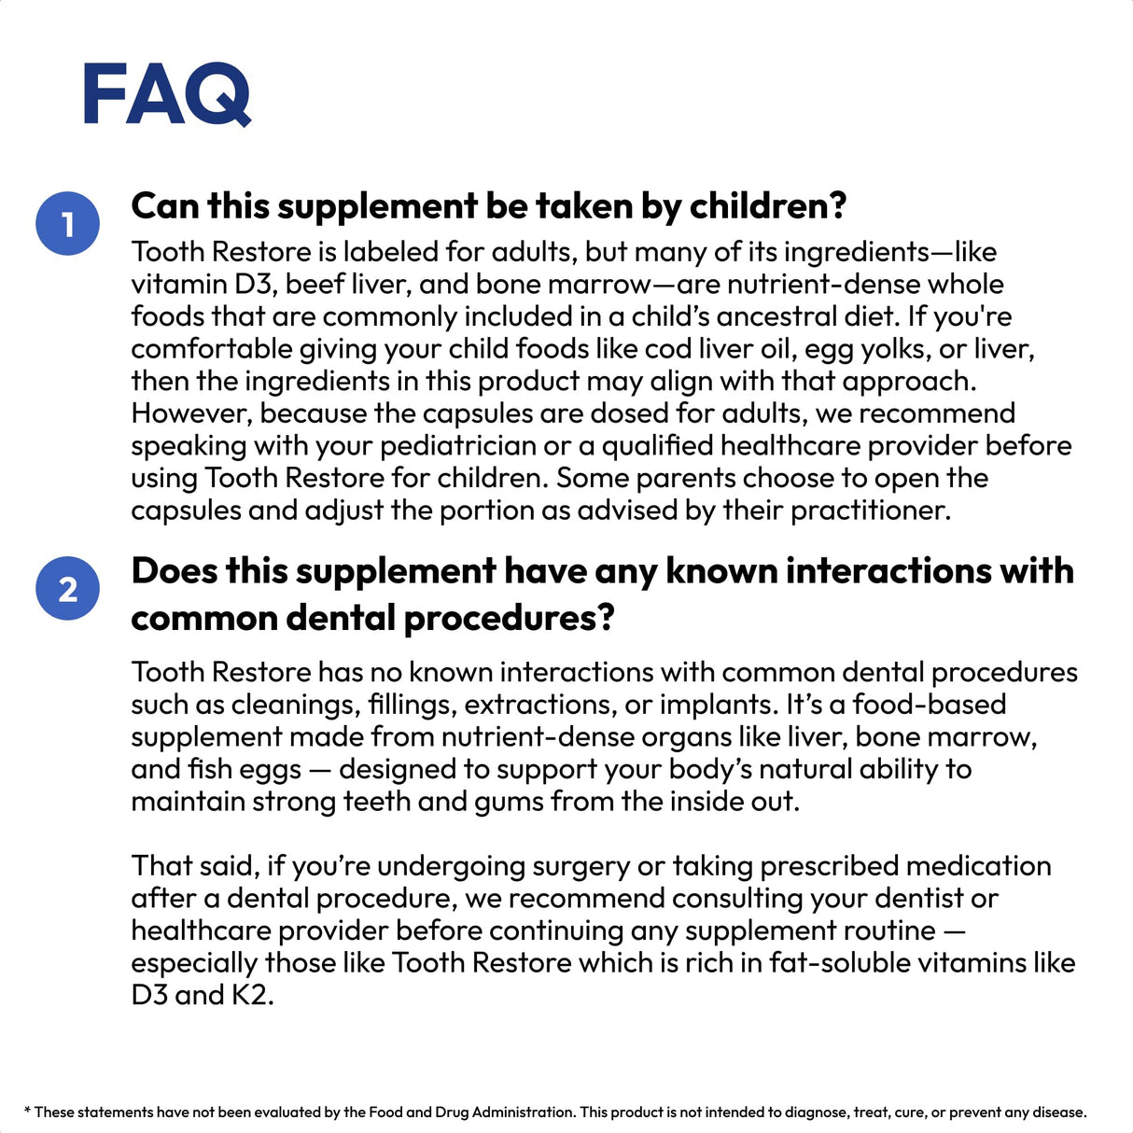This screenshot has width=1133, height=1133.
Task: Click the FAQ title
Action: pyautogui.click(x=167, y=94)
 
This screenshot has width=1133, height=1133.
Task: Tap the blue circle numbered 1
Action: pyautogui.click(x=67, y=224)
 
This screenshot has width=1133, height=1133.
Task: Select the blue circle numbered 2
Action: pyautogui.click(x=67, y=589)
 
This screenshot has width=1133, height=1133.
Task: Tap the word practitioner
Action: pyautogui.click(x=869, y=511)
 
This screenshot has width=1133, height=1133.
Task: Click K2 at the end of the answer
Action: pyautogui.click(x=252, y=995)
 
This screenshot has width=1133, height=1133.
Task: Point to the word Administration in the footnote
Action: pyautogui.click(x=523, y=1112)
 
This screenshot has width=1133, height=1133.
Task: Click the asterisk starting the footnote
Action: pyautogui.click(x=27, y=1111)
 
